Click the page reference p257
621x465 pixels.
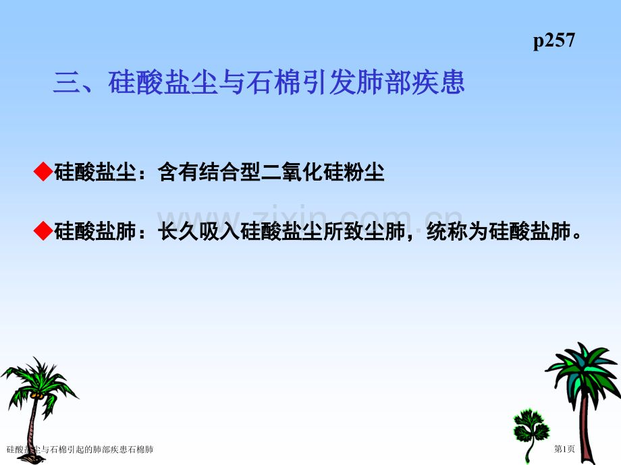553,41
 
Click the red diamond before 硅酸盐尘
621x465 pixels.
43,173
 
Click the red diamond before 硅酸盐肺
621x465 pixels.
43,232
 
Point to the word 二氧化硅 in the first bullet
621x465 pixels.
302,173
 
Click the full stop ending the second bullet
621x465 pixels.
576,237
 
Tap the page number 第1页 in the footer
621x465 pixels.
564,449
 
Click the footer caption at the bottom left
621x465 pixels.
80,449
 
